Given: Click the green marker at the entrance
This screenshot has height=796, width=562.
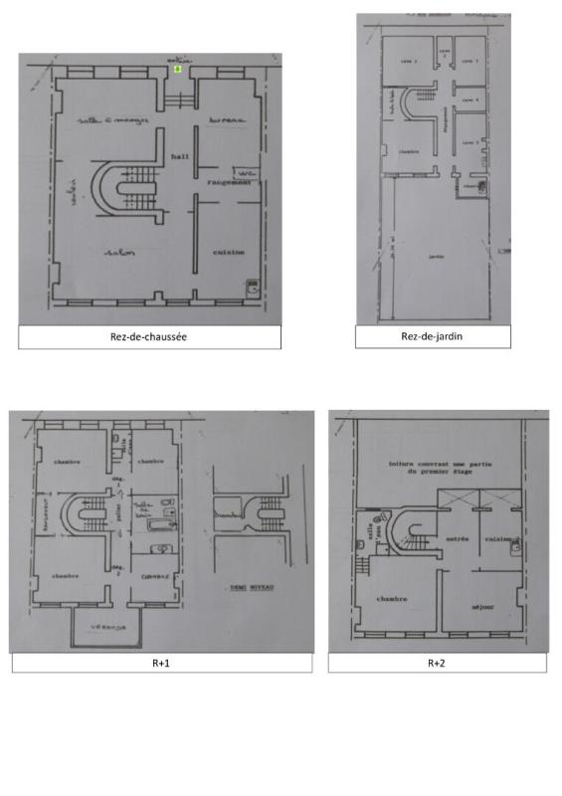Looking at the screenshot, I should pos(177,70).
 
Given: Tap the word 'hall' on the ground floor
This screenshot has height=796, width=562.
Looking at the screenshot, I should pos(179,156).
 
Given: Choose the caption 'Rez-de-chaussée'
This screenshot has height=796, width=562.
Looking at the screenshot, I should pos(149,336).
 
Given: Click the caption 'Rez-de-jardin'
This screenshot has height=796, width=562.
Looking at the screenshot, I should pos(433,336).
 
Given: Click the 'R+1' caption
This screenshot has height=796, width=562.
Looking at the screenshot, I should pos(161,662).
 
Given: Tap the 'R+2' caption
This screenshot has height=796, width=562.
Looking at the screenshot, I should pos(436,662).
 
